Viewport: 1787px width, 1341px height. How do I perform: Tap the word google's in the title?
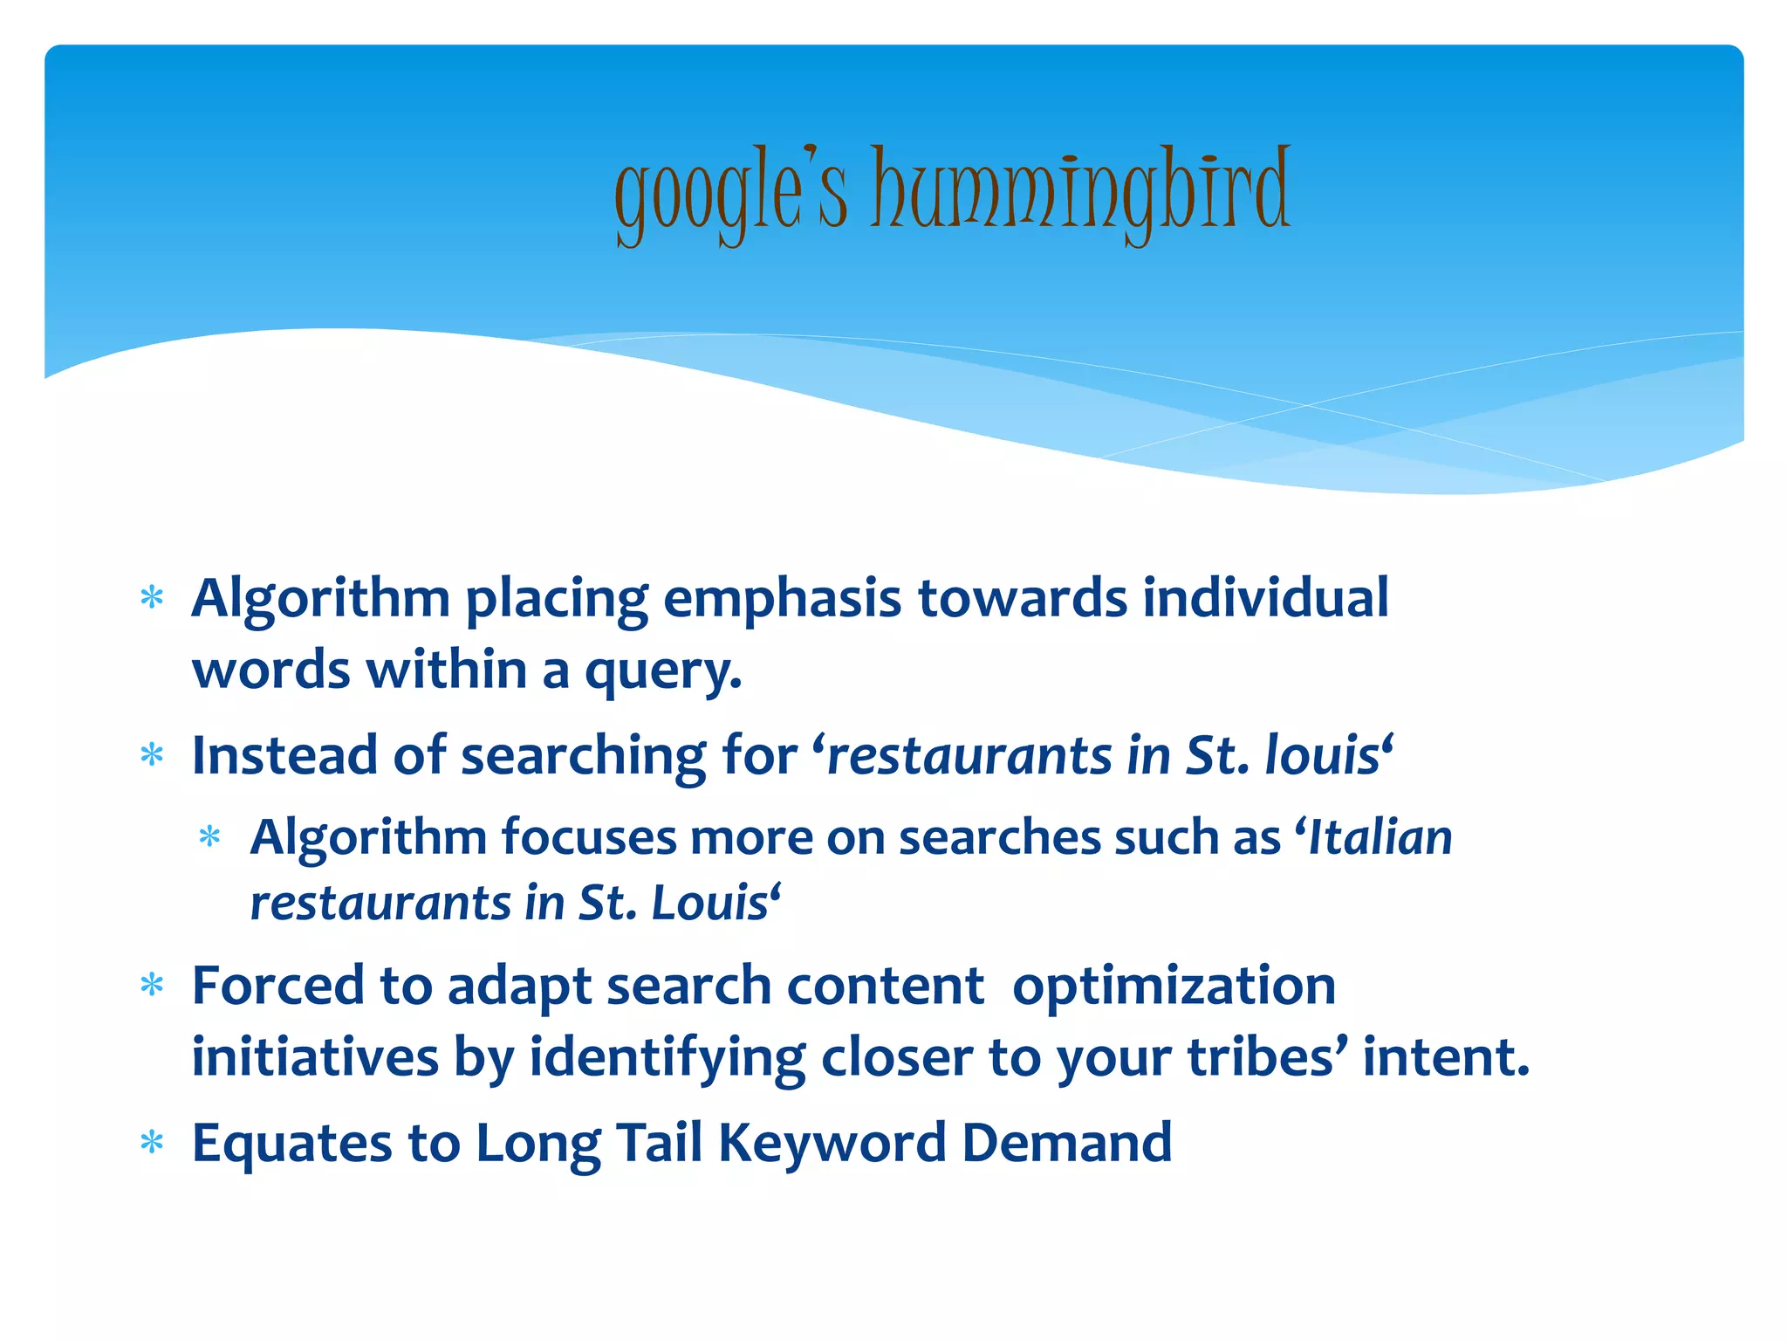point(731,194)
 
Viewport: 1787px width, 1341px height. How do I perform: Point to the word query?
point(662,672)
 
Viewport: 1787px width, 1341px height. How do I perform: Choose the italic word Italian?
point(1380,837)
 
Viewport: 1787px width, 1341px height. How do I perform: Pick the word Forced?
point(277,986)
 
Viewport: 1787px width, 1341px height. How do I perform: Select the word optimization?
point(1174,986)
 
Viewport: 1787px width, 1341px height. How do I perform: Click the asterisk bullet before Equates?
point(153,1143)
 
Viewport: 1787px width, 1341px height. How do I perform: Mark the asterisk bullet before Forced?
point(153,986)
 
